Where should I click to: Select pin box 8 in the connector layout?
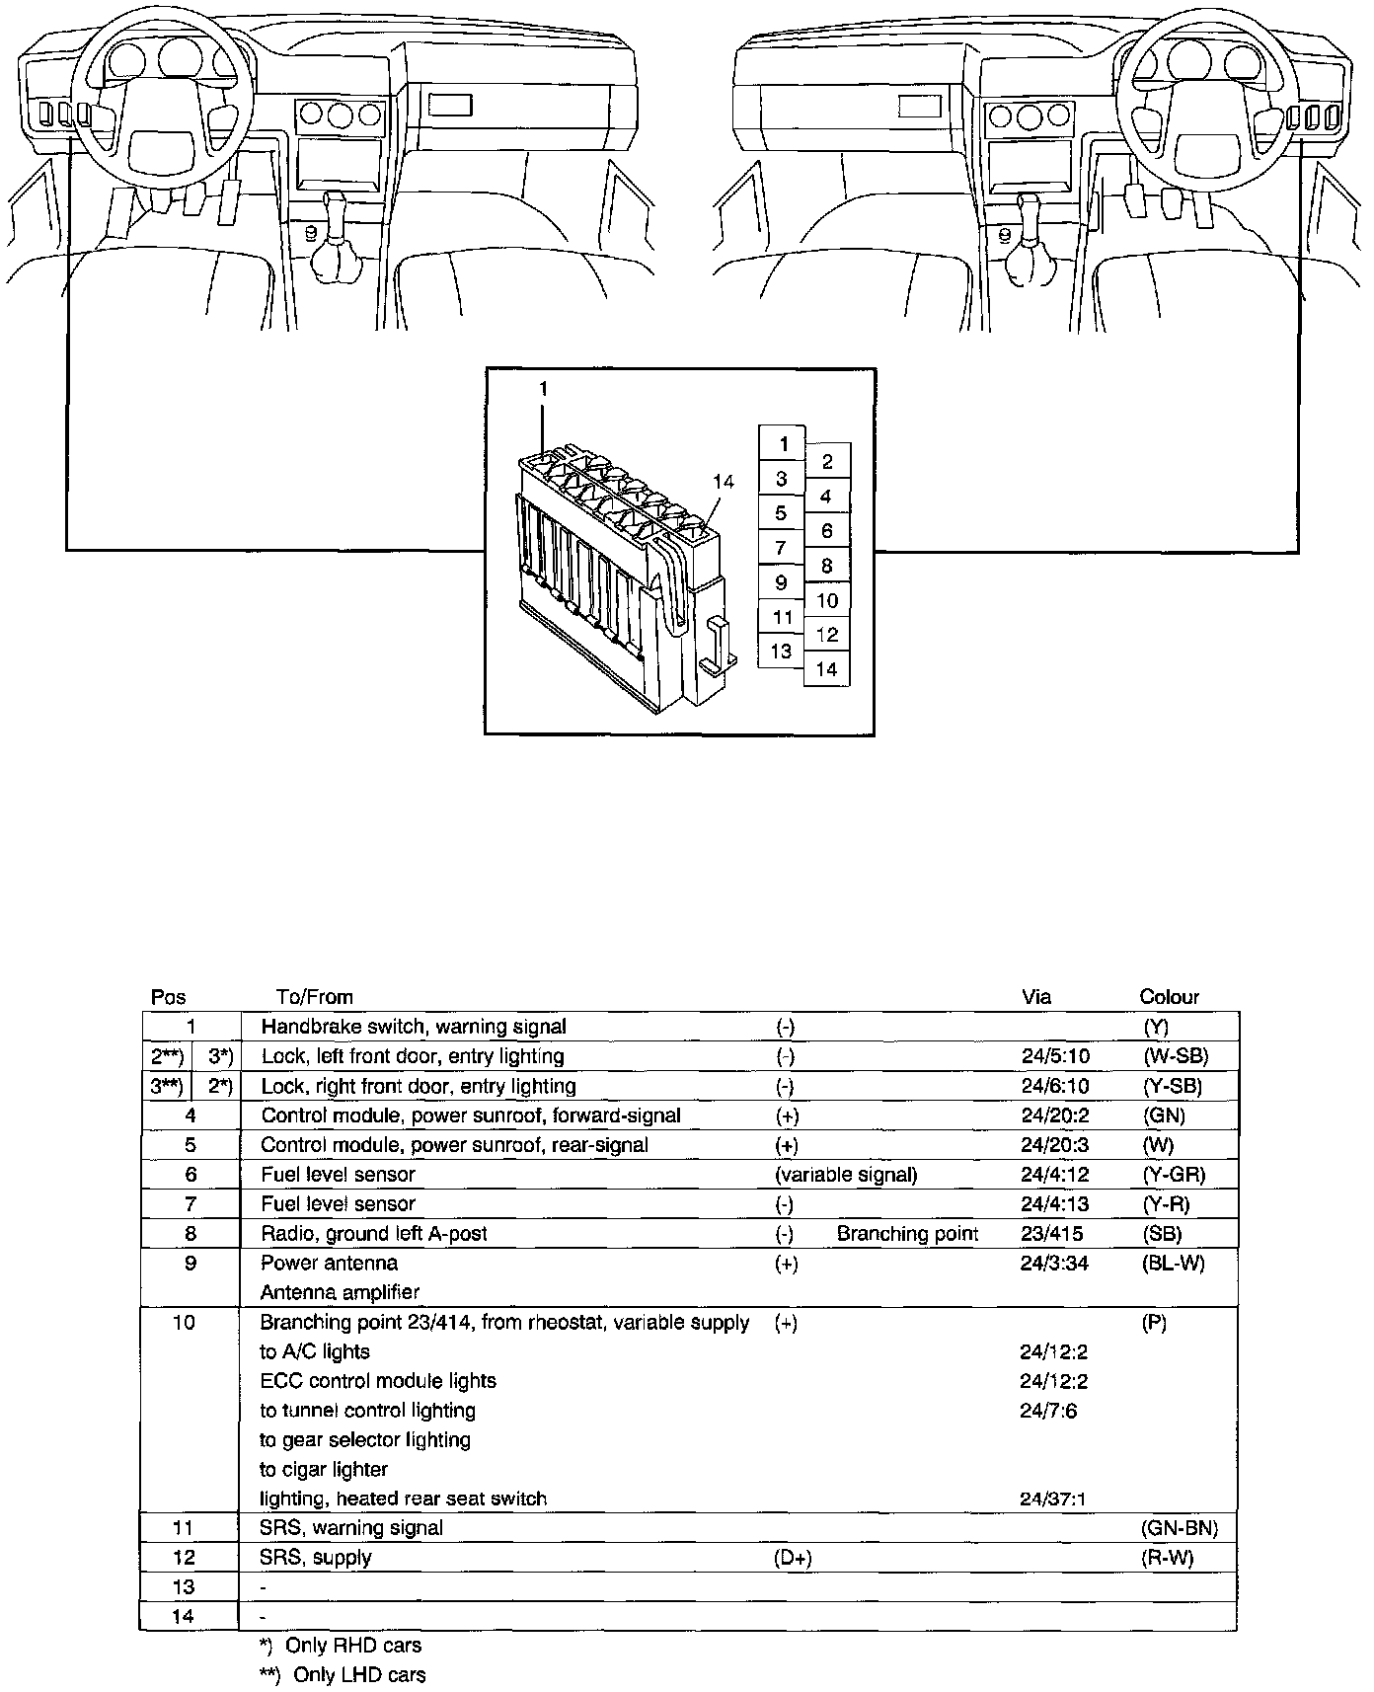(x=827, y=566)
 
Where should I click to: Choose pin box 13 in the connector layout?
(x=782, y=652)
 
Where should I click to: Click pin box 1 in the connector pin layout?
(x=783, y=443)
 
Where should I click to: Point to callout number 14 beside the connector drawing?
(x=724, y=482)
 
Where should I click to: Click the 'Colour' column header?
(x=1169, y=997)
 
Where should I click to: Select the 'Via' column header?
(x=1035, y=997)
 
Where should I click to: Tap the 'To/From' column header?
(x=315, y=997)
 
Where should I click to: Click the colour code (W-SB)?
(x=1175, y=1056)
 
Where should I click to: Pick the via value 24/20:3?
(x=1054, y=1145)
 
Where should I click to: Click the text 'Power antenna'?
(x=330, y=1263)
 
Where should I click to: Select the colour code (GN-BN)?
(x=1180, y=1528)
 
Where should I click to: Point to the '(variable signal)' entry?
(x=846, y=1175)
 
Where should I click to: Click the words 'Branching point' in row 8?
(x=907, y=1234)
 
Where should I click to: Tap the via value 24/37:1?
(x=1053, y=1499)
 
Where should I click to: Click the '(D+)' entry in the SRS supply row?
(x=793, y=1558)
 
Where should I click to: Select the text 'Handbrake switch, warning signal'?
(x=414, y=1027)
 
